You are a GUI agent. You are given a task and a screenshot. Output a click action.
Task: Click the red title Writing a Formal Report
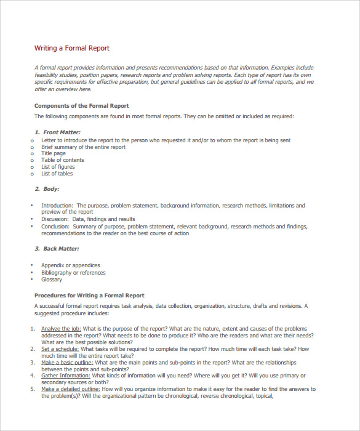pyautogui.click(x=71, y=48)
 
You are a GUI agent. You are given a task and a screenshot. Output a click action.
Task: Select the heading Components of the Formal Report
pyautogui.click(x=81, y=106)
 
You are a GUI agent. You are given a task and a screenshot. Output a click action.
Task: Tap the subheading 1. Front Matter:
pyautogui.click(x=57, y=132)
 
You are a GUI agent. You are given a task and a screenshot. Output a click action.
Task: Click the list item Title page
pyautogui.click(x=54, y=153)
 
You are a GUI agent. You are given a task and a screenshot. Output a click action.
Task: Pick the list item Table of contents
pyautogui.click(x=63, y=160)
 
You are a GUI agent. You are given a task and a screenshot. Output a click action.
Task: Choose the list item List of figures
pyautogui.click(x=58, y=167)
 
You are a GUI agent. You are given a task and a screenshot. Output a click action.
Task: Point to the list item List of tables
pyautogui.click(x=57, y=174)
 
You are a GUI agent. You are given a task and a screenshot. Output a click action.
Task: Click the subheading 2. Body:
pyautogui.click(x=47, y=189)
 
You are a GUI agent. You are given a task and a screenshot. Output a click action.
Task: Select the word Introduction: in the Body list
pyautogui.click(x=57, y=206)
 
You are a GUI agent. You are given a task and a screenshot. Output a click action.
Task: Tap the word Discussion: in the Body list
pyautogui.click(x=55, y=219)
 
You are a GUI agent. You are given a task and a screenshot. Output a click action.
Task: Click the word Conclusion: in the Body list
pyautogui.click(x=55, y=227)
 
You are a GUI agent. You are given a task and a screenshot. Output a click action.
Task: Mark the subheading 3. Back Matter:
pyautogui.click(x=57, y=249)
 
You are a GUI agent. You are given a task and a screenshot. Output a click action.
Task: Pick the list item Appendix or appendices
pyautogui.click(x=70, y=265)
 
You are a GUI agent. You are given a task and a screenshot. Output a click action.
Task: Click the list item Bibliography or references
pyautogui.click(x=73, y=273)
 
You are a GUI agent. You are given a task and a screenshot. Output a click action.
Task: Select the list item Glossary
pyautogui.click(x=52, y=280)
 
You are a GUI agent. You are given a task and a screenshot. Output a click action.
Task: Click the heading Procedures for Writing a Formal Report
pyautogui.click(x=89, y=296)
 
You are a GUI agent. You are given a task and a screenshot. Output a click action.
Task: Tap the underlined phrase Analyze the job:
pyautogui.click(x=61, y=329)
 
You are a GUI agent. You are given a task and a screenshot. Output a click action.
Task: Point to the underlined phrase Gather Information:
pyautogui.click(x=65, y=376)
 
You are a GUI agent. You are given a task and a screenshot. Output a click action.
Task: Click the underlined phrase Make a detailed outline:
pyautogui.click(x=70, y=389)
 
